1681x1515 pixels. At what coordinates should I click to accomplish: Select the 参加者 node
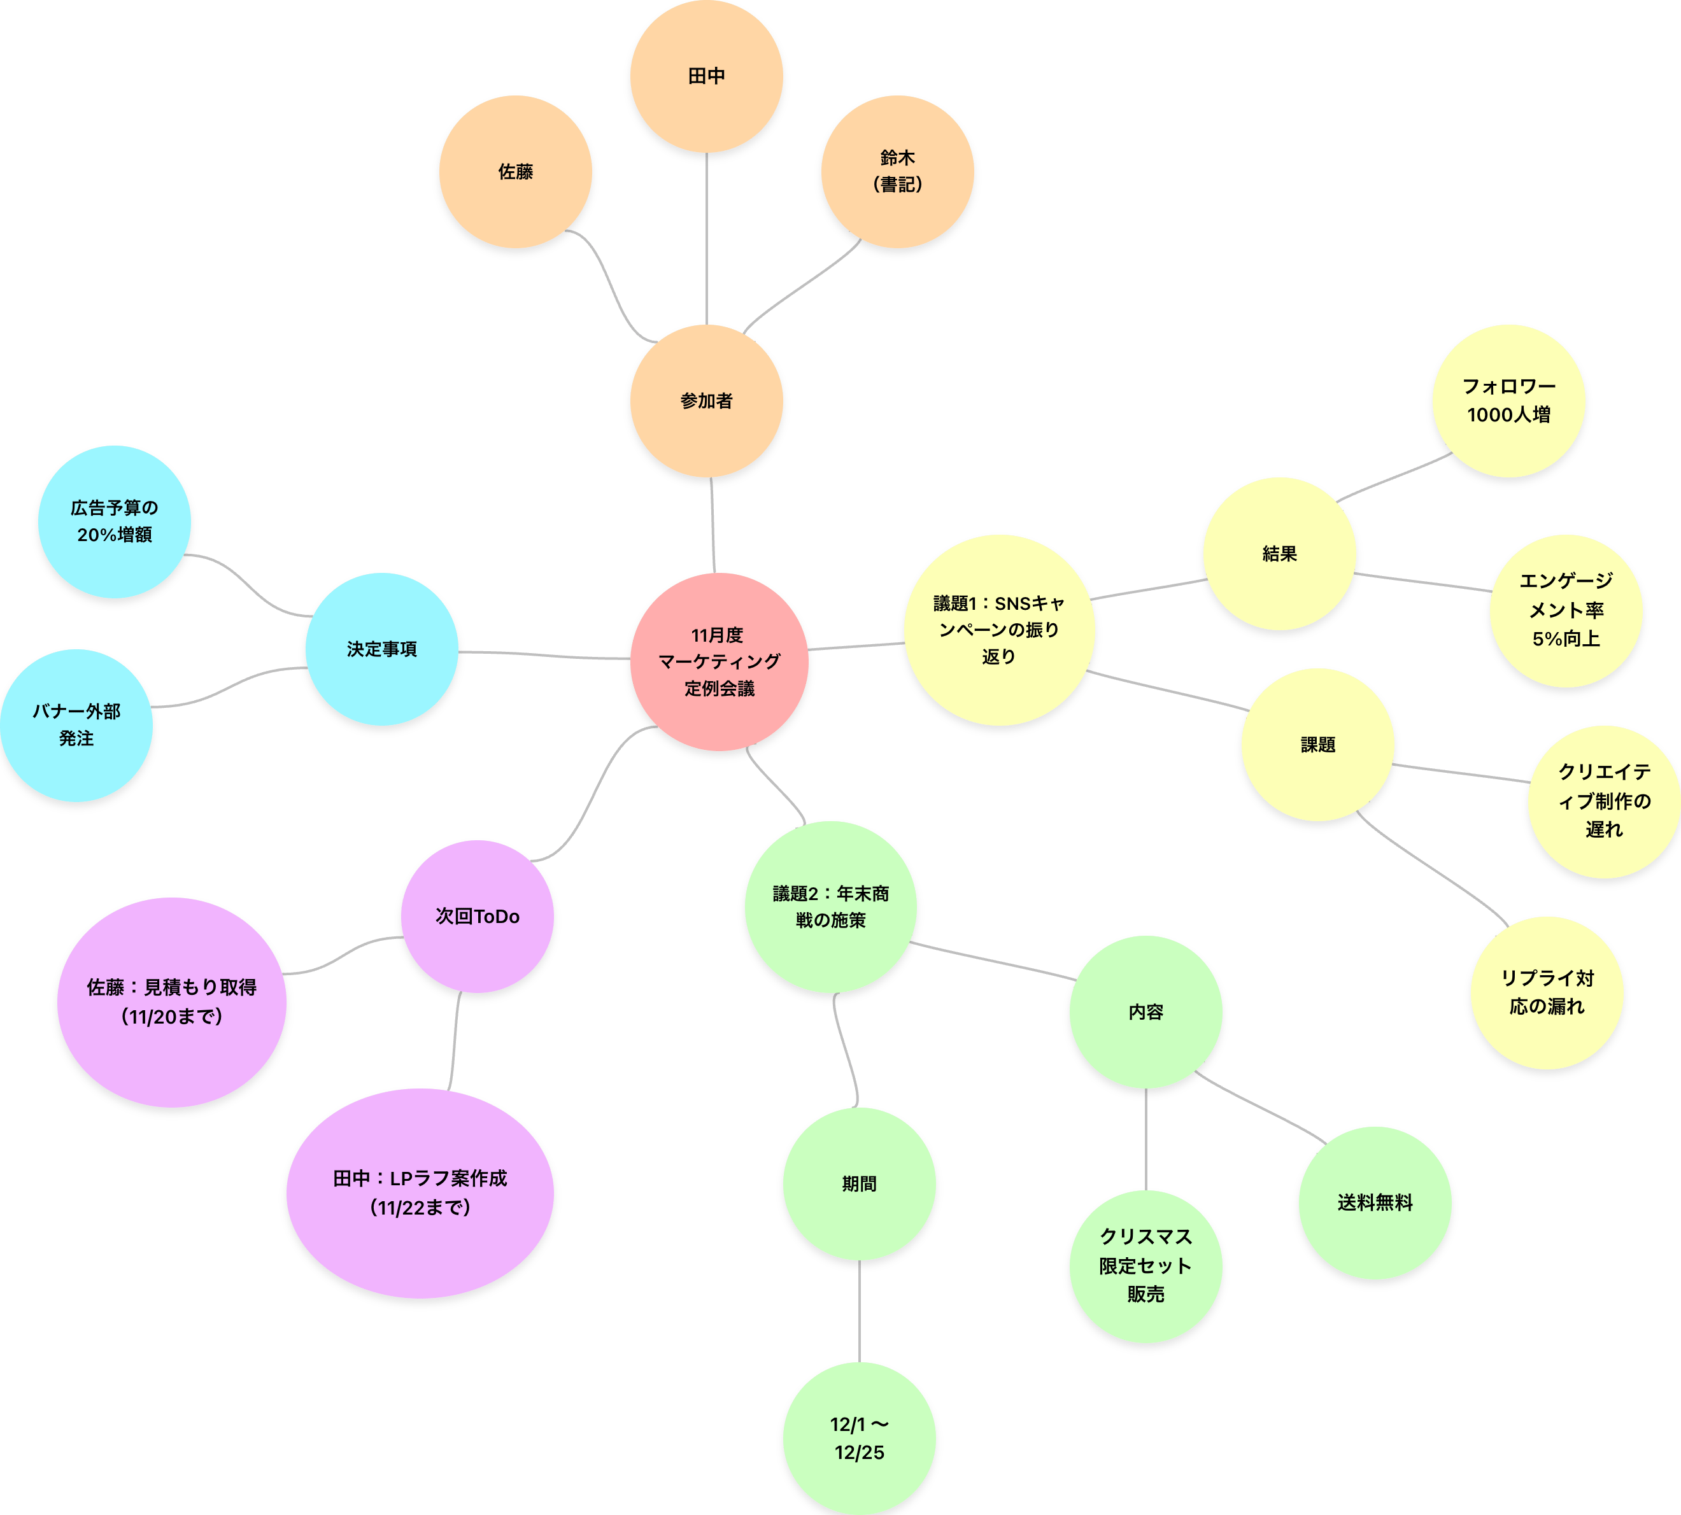(x=706, y=401)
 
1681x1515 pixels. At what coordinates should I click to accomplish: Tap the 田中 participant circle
(x=706, y=76)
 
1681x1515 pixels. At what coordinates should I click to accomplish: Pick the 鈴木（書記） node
(x=898, y=171)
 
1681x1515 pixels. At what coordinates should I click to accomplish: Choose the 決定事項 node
(x=382, y=649)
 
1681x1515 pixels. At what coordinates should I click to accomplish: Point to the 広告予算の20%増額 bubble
(x=114, y=521)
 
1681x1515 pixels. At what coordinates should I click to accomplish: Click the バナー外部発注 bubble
(x=76, y=725)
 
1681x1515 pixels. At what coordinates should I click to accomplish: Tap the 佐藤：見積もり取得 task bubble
(x=171, y=1001)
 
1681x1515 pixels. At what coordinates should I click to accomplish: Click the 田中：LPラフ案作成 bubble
(x=420, y=1193)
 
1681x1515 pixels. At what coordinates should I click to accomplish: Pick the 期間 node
(x=859, y=1184)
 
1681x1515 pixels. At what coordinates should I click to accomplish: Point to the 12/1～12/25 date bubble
(x=859, y=1439)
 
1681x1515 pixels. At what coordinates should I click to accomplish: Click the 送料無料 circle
(x=1375, y=1203)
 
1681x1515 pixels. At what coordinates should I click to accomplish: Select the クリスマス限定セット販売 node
(x=1145, y=1265)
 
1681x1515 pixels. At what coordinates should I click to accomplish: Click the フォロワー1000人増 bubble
(x=1508, y=400)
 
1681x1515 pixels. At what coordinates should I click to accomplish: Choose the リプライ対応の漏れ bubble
(x=1547, y=992)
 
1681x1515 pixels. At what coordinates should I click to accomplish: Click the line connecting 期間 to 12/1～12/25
(x=859, y=1311)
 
